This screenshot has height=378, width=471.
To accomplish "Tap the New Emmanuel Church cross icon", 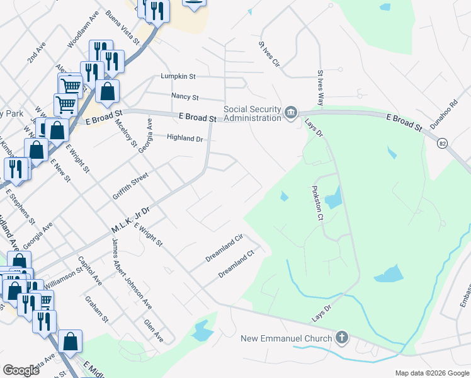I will coord(342,338).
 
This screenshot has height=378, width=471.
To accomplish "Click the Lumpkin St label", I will coord(178,76).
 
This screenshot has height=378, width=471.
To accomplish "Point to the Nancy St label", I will coord(185,98).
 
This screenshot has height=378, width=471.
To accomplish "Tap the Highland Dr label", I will coord(185,138).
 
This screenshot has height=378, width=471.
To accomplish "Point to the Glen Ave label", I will coord(154,331).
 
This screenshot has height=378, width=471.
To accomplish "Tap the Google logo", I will coord(21,370).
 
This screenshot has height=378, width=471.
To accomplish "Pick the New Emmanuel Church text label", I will coord(287,339).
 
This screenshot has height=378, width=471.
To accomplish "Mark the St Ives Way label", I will coord(321,88).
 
